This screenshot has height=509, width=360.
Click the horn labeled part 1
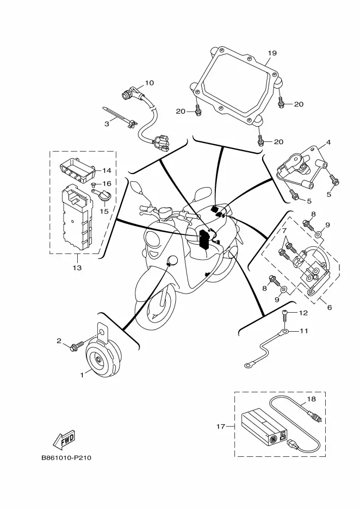(103, 359)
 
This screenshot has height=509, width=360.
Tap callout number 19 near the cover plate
(272, 53)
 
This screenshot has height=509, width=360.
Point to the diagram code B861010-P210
(66, 457)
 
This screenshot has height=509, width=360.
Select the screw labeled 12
(284, 314)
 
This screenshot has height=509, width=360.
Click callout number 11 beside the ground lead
(303, 331)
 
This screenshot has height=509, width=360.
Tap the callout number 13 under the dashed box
(77, 268)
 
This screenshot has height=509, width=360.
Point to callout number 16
(107, 184)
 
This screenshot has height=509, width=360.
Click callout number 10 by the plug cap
(149, 83)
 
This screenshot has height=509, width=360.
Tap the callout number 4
(328, 144)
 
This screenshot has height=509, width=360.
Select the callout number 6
(329, 307)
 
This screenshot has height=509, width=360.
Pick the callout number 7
(284, 231)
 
